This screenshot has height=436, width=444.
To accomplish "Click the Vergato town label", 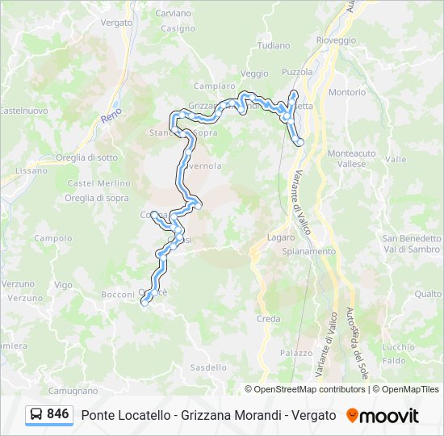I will pyautogui.click(x=117, y=23).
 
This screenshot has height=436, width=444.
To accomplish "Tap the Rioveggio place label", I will pyautogui.click(x=336, y=40).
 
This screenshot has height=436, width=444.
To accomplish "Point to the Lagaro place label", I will pyautogui.click(x=281, y=237).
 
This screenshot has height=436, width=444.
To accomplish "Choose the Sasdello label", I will pyautogui.click(x=208, y=367).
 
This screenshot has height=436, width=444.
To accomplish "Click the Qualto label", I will pyautogui.click(x=428, y=295).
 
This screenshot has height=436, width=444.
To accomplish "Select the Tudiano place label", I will pyautogui.click(x=274, y=46).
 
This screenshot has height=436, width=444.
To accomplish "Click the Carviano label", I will pyautogui.click(x=173, y=14).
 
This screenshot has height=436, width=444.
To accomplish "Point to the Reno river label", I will pyautogui.click(x=111, y=118).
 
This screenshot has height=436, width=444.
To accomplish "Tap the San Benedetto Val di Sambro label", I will pyautogui.click(x=412, y=243).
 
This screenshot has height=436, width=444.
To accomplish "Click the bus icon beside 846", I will pyautogui.click(x=36, y=415).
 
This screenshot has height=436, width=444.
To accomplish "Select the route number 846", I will pyautogui.click(x=58, y=414).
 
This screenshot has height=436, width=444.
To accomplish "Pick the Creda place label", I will pyautogui.click(x=269, y=319).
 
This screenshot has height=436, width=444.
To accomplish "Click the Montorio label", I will pyautogui.click(x=347, y=92).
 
